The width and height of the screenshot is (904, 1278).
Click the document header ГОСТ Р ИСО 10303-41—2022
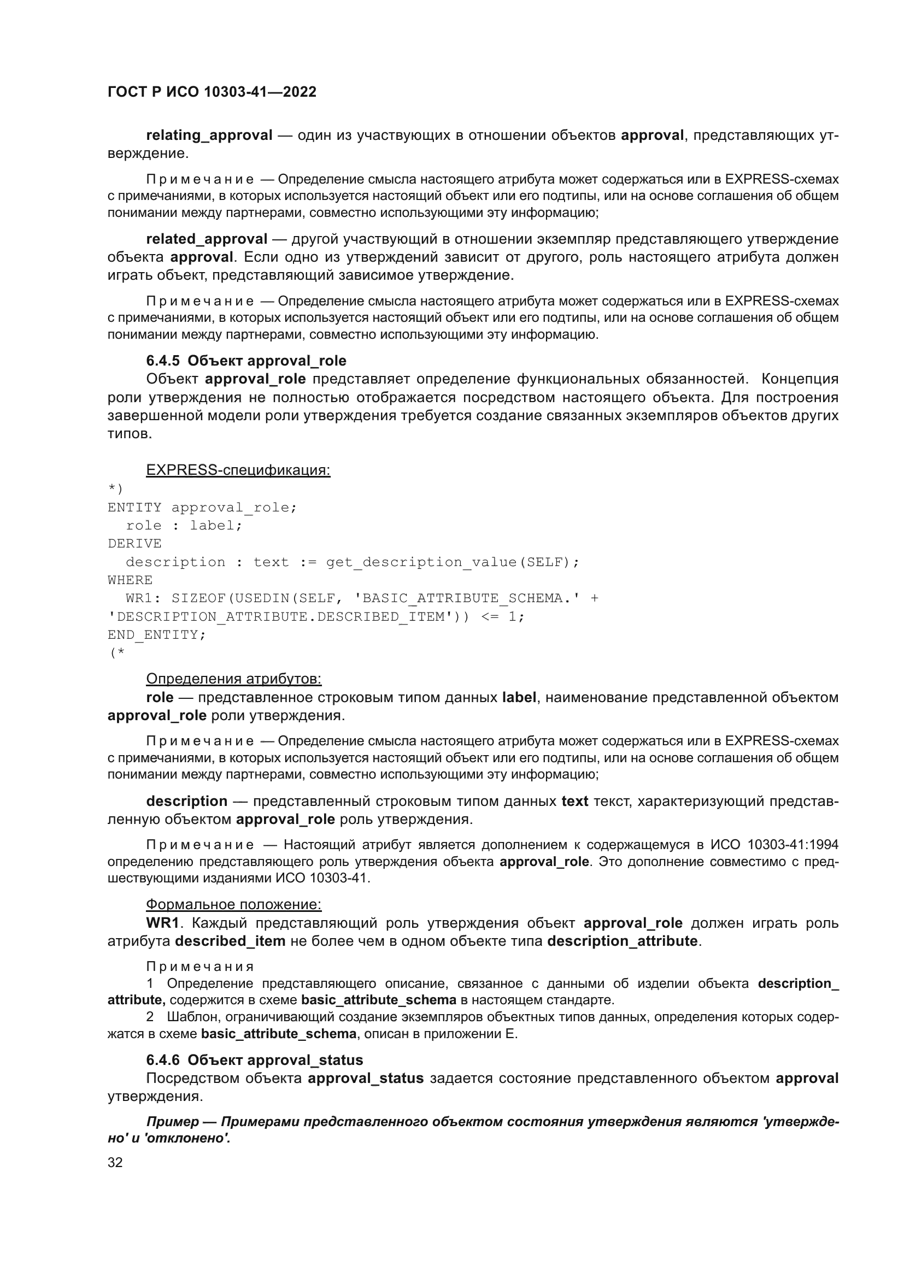[x=212, y=92]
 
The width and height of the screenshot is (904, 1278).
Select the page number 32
[x=115, y=1162]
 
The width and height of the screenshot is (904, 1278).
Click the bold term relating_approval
[x=209, y=136]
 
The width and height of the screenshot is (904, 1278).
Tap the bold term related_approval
[x=207, y=239]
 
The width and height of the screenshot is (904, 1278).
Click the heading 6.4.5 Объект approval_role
[x=246, y=361]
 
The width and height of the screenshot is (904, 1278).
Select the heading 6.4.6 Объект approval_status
[x=254, y=1060]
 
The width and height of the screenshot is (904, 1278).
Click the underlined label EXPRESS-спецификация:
[x=238, y=470]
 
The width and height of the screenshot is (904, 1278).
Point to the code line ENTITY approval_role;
[x=202, y=508]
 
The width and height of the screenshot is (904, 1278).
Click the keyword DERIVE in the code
[x=134, y=544]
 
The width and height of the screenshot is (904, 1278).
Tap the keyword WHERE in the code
[x=130, y=580]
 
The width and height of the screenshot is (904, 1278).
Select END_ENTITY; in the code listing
[x=156, y=634]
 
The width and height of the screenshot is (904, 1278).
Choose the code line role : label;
[x=184, y=526]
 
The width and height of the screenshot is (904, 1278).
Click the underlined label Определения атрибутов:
[x=233, y=679]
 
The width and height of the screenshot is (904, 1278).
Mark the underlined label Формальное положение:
[x=233, y=904]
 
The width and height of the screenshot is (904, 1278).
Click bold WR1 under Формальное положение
[x=162, y=923]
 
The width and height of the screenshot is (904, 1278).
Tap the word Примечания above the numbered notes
[x=200, y=967]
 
